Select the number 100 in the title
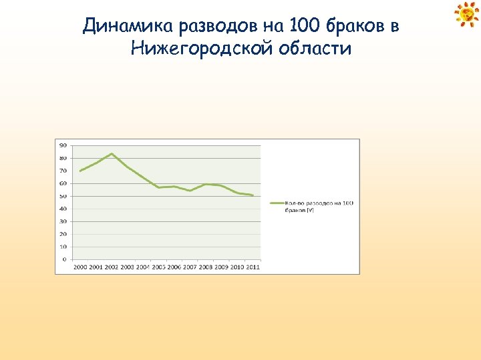304,27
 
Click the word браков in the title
354,27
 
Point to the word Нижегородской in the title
200,49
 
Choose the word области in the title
313,49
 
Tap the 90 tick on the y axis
63,145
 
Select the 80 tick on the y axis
63,158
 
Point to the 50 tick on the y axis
63,196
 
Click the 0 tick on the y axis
64,259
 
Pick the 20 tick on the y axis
63,234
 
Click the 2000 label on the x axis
80,267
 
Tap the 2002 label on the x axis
112,267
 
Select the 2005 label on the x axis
158,267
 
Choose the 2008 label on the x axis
206,267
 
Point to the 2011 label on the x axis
253,267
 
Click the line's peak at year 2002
112,154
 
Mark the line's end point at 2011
253,195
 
